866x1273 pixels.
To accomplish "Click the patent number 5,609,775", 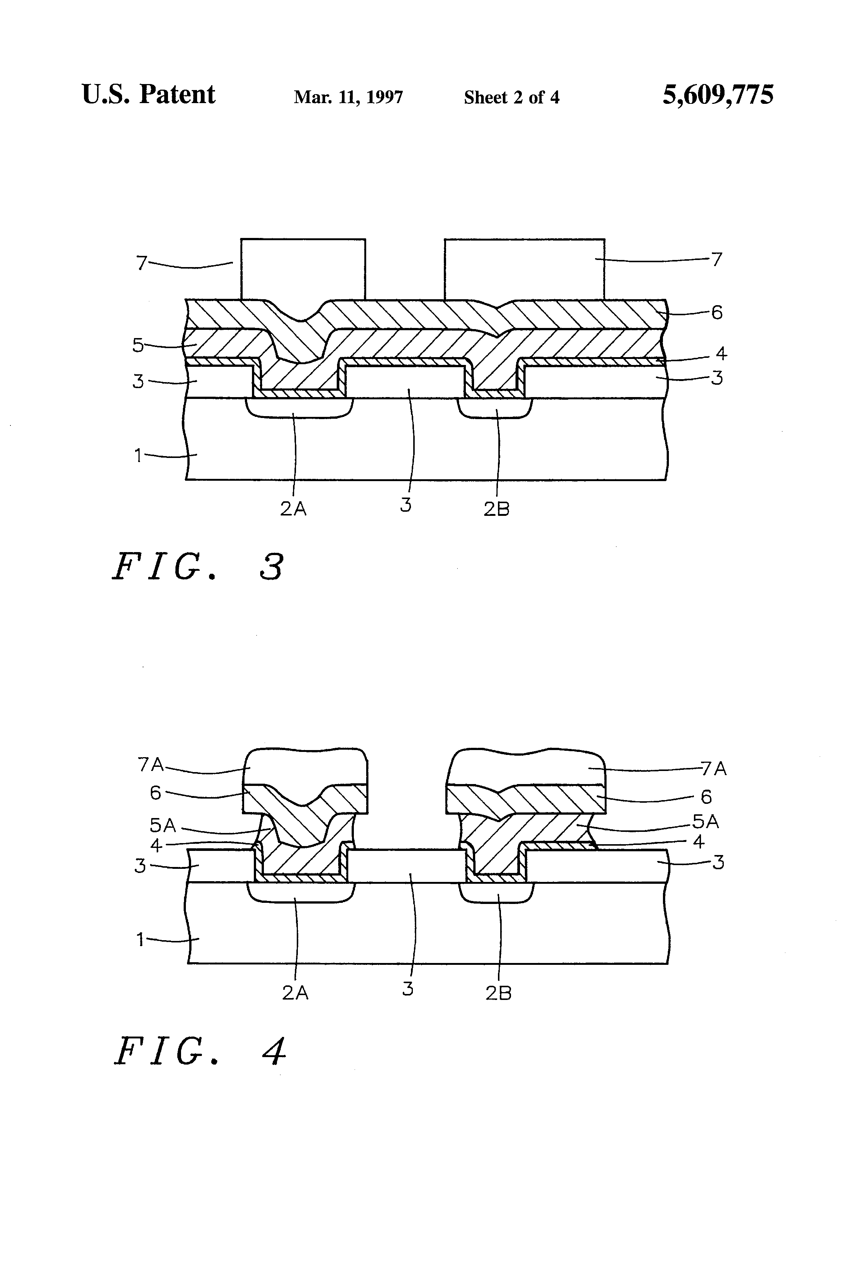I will [718, 95].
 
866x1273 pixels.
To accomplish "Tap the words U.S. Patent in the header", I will [148, 95].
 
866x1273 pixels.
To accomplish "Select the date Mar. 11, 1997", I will [348, 97].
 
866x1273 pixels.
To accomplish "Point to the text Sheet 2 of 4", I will [511, 97].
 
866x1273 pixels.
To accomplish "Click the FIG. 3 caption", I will [198, 567].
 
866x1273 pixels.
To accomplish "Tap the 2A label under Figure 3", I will [293, 509].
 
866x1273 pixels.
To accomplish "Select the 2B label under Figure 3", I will [496, 509].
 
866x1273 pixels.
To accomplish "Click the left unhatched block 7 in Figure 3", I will [303, 269].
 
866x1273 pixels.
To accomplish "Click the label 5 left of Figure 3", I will [138, 346].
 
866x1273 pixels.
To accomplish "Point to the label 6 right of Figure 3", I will [717, 313].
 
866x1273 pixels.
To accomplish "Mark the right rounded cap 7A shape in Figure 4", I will [526, 767].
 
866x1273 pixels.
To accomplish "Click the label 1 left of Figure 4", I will [140, 940].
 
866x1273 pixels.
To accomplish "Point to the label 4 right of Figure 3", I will [722, 354].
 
